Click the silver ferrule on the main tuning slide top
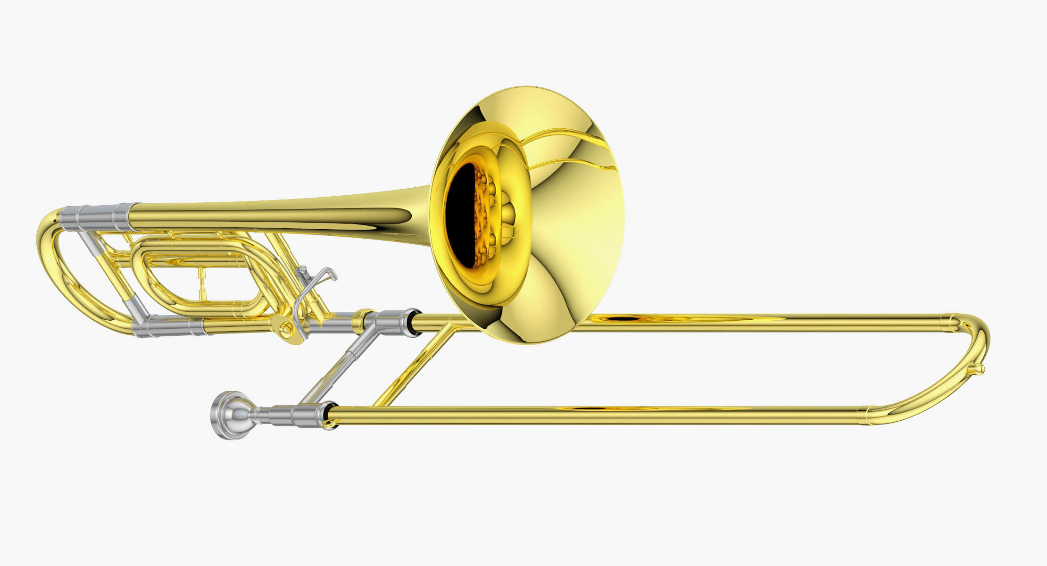tap(99, 217)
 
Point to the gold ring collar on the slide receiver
tap(364, 320)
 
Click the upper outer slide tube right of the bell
tap(755, 323)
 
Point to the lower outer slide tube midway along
tap(590, 415)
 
